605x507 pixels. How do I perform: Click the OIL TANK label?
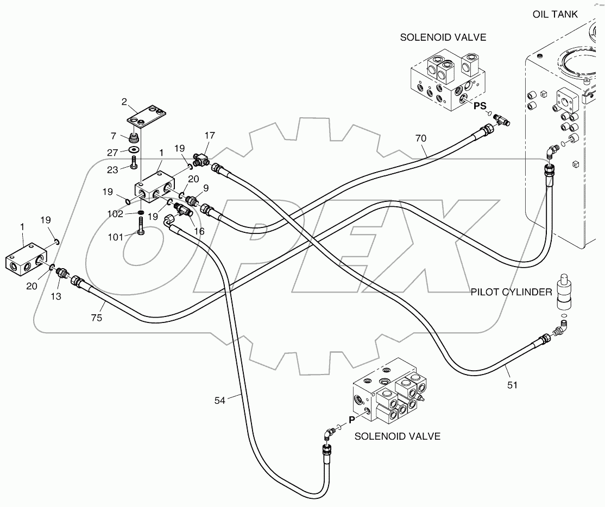[555, 14]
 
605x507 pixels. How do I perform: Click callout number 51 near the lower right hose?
[512, 385]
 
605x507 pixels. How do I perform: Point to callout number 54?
[219, 401]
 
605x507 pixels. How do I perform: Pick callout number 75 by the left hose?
[97, 318]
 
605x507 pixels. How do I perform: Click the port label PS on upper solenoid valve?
[480, 106]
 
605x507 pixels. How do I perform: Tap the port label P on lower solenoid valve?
[351, 419]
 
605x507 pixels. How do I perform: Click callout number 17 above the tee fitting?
[210, 135]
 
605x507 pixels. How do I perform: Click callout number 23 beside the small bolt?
[112, 169]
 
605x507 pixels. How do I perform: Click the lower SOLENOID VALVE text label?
[397, 436]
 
